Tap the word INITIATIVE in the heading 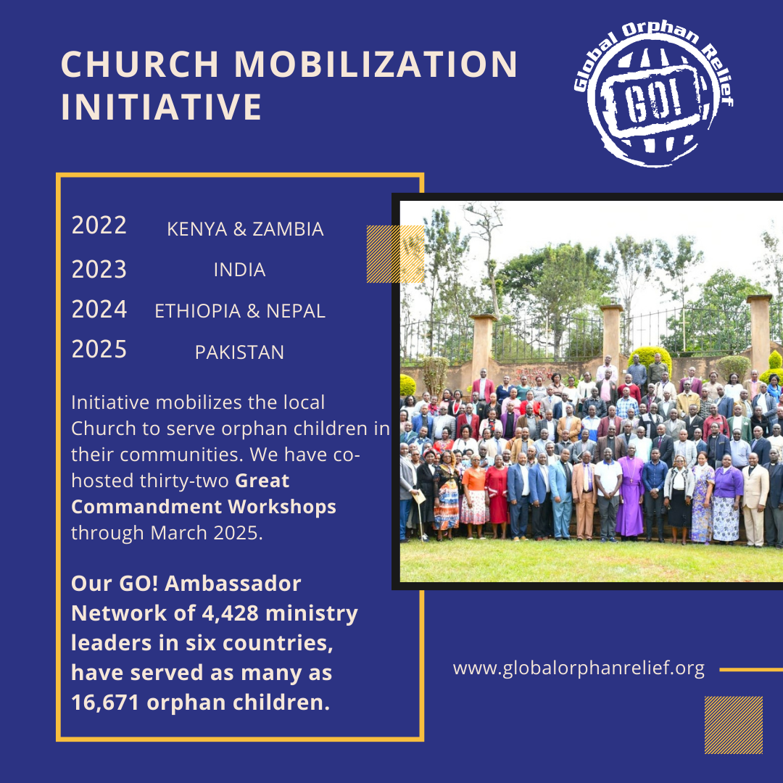[x=161, y=107]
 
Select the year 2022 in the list [x=99, y=225]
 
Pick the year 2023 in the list [x=99, y=270]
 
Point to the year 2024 [x=99, y=310]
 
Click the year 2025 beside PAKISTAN [x=99, y=349]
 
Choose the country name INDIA [x=239, y=270]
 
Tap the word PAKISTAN [x=239, y=353]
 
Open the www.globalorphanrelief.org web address [x=579, y=668]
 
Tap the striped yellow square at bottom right [x=733, y=725]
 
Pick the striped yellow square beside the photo [x=395, y=254]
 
